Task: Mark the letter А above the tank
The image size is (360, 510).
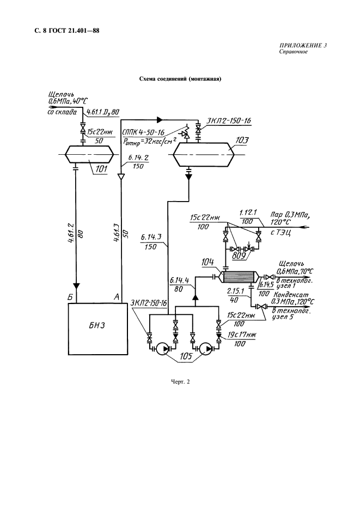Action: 115,296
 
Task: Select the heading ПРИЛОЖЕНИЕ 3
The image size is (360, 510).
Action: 303,46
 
